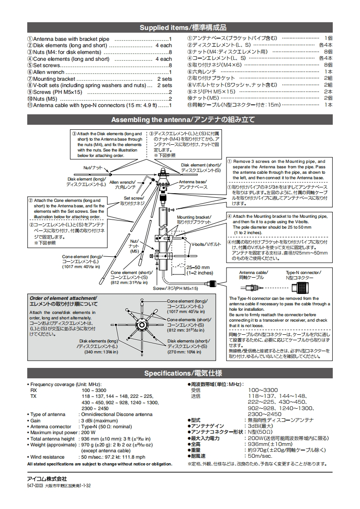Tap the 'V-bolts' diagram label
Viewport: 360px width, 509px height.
pyautogui.click(x=206, y=244)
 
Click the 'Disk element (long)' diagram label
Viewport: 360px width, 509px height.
pyautogui.click(x=86, y=181)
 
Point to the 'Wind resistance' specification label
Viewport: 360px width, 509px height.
pyautogui.click(x=48, y=457)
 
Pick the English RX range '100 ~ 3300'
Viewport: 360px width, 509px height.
pyautogui.click(x=94, y=390)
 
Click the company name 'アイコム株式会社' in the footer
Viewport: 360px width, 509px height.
pyautogui.click(x=47, y=479)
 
